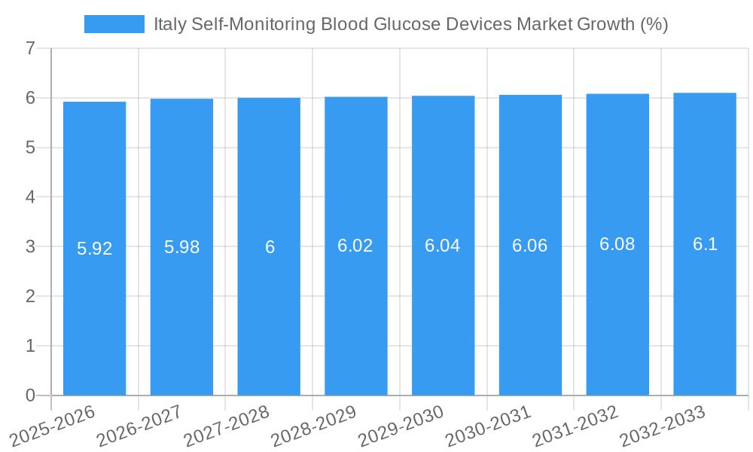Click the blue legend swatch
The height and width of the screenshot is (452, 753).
point(114,24)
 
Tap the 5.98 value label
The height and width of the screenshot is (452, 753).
point(181,247)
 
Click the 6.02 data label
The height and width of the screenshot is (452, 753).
point(355,246)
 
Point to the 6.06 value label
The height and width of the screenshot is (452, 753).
point(530,246)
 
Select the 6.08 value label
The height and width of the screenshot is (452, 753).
point(617,244)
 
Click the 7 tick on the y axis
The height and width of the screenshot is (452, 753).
point(30,48)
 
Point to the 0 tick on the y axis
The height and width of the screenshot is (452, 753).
point(30,395)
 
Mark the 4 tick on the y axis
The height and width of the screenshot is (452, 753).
point(30,197)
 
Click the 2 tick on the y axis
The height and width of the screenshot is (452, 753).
point(30,296)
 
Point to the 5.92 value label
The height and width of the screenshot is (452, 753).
point(95,249)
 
